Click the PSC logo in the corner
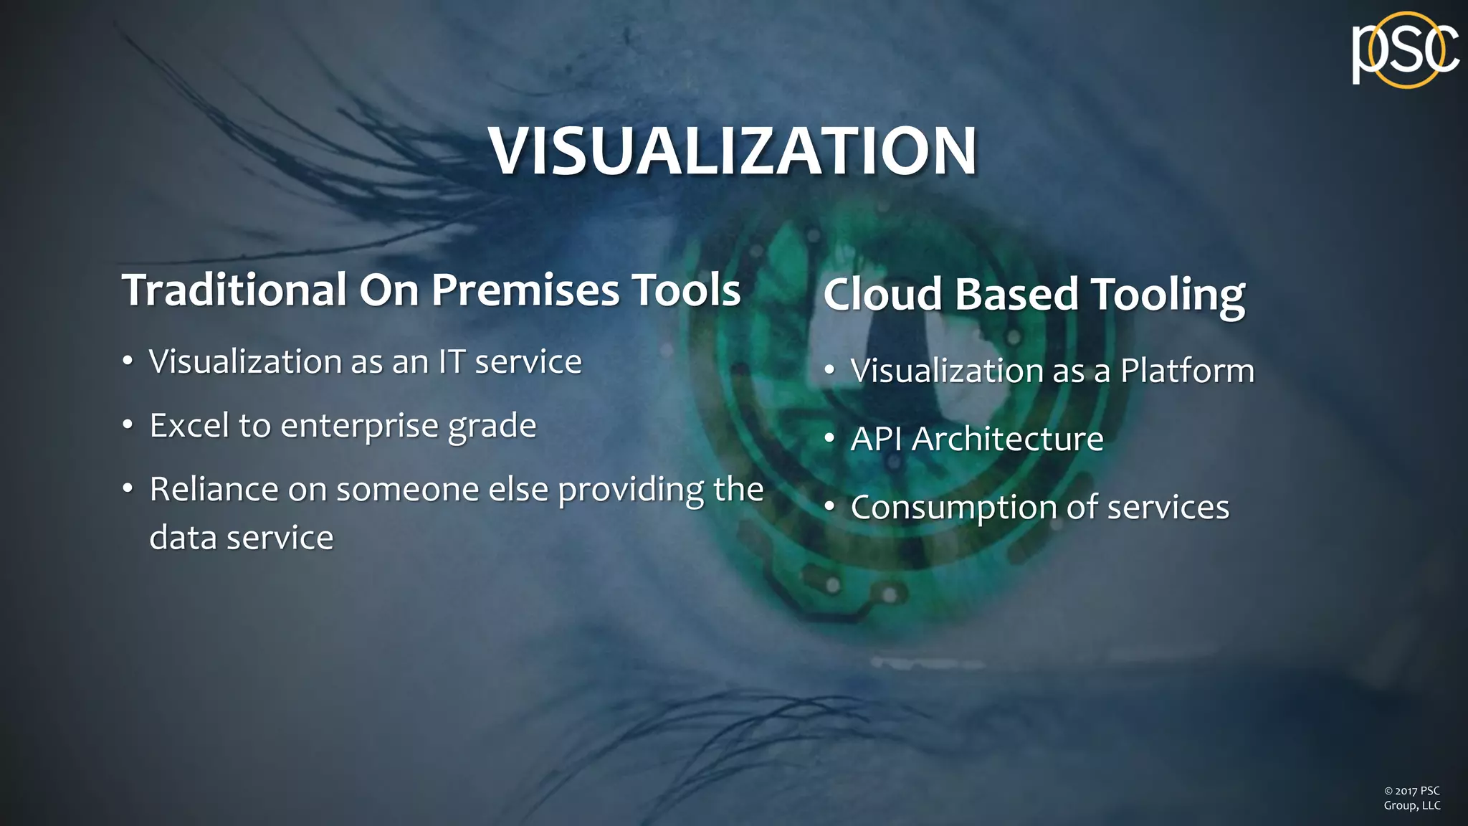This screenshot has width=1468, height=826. point(1404,50)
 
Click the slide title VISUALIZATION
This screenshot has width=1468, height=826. point(733,151)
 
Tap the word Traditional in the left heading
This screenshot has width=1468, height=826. point(234,290)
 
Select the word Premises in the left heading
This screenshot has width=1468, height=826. point(525,290)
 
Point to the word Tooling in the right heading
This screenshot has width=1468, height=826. point(1168,296)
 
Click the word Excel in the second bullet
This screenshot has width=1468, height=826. point(189,425)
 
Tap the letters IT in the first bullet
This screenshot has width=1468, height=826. point(452,361)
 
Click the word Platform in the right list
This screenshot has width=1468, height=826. point(1187,371)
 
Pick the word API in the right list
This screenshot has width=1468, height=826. point(876,439)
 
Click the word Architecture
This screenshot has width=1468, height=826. point(1007,439)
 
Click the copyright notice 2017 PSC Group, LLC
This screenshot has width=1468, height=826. point(1411,798)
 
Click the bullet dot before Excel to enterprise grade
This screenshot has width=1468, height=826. point(128,425)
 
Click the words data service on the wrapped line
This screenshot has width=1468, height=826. point(241,538)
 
